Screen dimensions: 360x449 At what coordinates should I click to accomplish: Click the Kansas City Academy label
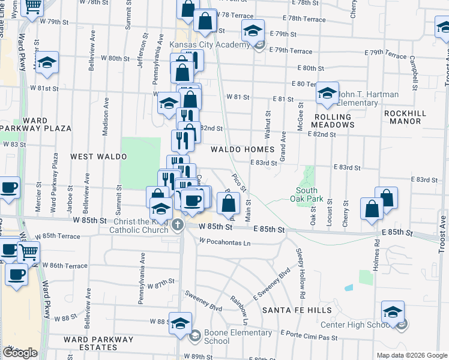(209, 45)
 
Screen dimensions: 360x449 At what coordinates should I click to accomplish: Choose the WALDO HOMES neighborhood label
(242, 149)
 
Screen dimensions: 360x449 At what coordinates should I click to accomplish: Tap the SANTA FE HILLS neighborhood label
(297, 310)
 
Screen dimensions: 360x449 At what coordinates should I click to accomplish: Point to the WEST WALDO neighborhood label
(98, 156)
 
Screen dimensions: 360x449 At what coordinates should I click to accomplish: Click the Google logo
(20, 353)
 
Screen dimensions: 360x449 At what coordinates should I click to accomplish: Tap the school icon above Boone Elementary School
(180, 323)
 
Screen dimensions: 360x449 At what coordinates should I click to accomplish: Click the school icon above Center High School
(393, 311)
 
